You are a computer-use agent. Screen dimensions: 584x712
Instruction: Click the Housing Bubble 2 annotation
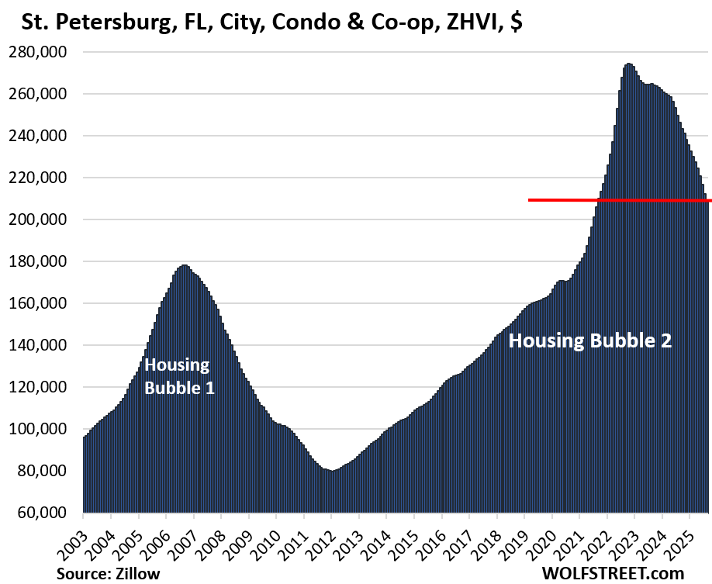click(589, 340)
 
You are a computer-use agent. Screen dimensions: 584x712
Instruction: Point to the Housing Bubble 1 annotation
click(179, 376)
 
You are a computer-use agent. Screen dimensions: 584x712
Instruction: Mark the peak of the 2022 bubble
click(628, 64)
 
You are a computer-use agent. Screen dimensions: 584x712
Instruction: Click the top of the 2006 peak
click(184, 265)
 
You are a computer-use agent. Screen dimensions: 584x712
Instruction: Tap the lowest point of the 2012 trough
click(331, 471)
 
